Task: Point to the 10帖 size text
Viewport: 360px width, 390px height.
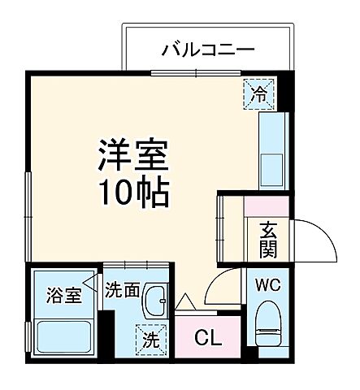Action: coord(134,193)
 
